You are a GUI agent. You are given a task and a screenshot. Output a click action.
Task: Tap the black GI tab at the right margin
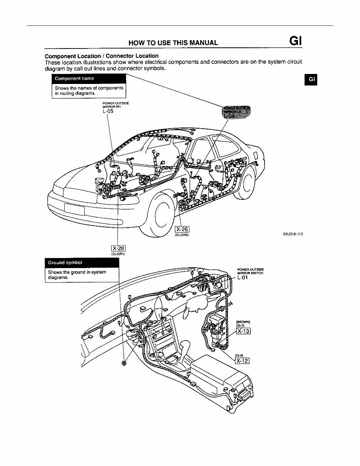(x=311, y=79)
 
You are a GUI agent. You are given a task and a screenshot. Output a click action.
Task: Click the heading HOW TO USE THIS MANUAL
(x=173, y=42)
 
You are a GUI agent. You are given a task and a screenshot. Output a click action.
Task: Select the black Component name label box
(x=89, y=79)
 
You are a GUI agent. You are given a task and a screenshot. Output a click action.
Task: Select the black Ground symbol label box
(x=82, y=263)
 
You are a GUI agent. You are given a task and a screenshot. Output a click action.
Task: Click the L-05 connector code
(x=108, y=112)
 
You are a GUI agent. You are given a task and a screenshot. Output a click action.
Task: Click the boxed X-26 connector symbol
(x=182, y=230)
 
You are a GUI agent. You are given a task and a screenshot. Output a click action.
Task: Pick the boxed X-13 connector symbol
(x=243, y=331)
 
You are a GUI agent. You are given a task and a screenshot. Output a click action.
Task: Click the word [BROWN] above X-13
(x=243, y=322)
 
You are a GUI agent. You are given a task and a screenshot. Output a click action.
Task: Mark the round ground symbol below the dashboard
(x=124, y=364)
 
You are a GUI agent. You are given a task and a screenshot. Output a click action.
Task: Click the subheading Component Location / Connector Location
(x=102, y=56)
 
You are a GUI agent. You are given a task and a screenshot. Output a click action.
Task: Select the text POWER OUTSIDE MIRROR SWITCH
(x=250, y=271)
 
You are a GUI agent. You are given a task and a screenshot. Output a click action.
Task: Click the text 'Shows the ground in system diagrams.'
(x=77, y=275)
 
